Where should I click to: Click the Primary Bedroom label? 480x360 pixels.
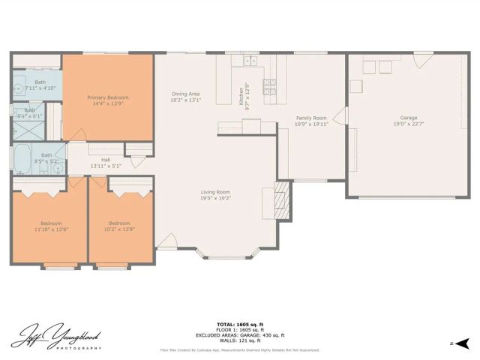click(107, 97)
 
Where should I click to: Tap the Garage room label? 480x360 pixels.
click(408, 118)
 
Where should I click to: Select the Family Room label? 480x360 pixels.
click(311, 118)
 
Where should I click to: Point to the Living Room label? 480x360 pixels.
click(214, 191)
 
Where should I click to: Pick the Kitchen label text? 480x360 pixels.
click(241, 96)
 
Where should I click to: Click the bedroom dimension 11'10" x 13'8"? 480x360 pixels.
click(50, 229)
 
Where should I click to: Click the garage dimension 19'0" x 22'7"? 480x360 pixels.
click(408, 124)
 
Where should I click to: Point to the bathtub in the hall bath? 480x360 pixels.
click(22, 159)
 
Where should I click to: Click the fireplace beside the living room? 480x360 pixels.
click(280, 198)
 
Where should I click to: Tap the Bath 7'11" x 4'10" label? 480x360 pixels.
click(40, 85)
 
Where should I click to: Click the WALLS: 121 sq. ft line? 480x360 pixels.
click(239, 342)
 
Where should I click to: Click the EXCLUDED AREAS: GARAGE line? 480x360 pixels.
click(239, 336)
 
